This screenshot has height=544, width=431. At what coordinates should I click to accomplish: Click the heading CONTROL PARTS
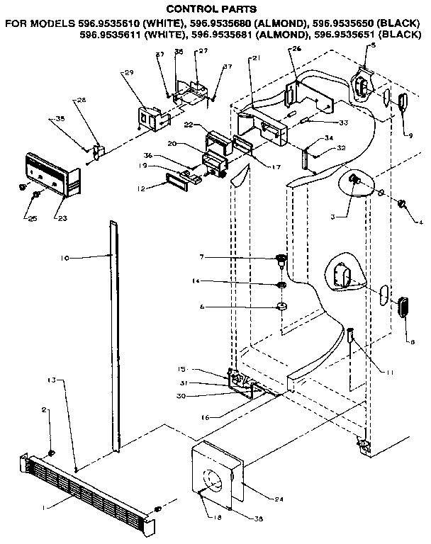pos(216,10)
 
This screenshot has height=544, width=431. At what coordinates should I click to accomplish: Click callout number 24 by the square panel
pos(278,499)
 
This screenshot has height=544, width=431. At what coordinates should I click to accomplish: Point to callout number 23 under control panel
pos(60,217)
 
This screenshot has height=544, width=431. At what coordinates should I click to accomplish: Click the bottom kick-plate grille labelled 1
pos(85,489)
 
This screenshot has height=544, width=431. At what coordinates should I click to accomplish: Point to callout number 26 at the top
pos(296,48)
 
